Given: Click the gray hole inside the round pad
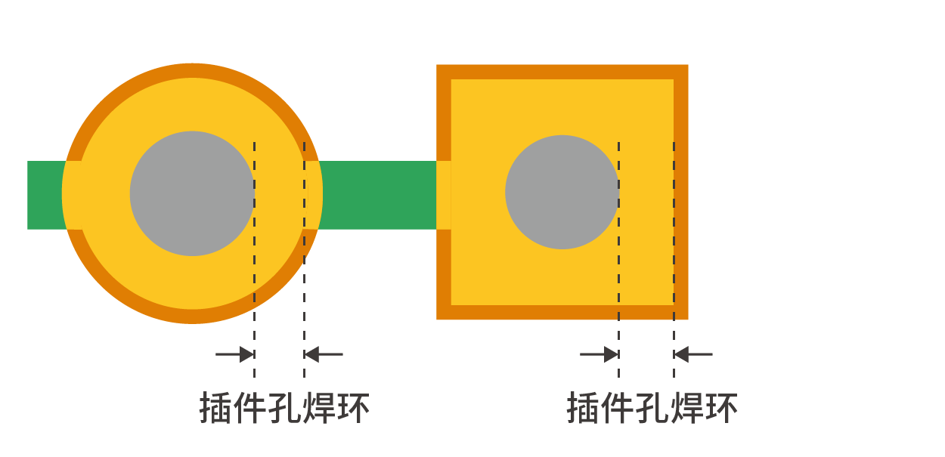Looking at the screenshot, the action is (x=192, y=193).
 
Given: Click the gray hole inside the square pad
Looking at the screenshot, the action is (x=562, y=193).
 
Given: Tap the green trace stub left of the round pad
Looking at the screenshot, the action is (x=46, y=195).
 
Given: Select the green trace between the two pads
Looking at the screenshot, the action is (x=377, y=195).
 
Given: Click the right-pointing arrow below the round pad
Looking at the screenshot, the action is (x=235, y=354).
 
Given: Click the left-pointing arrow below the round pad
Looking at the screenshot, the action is (x=324, y=354).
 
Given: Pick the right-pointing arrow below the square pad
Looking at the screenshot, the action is (x=600, y=354).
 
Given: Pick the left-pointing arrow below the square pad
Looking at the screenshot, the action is (x=693, y=354).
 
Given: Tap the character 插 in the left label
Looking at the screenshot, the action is (x=215, y=407).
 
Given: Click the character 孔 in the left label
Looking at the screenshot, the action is (x=284, y=407).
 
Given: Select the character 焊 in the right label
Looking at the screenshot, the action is (x=686, y=407).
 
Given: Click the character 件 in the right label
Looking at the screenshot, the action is (x=618, y=407).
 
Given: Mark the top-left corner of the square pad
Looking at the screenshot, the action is (x=437, y=65).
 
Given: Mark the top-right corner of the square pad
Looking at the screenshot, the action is (x=688, y=65).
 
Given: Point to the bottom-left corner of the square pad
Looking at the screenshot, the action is (x=437, y=319).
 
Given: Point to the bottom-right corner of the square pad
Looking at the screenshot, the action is (x=688, y=319).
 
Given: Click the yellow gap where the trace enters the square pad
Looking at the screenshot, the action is (x=444, y=195).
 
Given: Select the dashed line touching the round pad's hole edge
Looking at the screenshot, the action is (x=254, y=260).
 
